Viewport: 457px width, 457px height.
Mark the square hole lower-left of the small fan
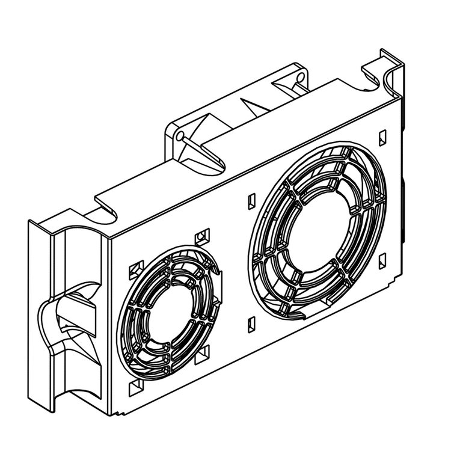click(x=135, y=387)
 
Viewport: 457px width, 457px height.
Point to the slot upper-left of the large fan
click(x=250, y=201)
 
